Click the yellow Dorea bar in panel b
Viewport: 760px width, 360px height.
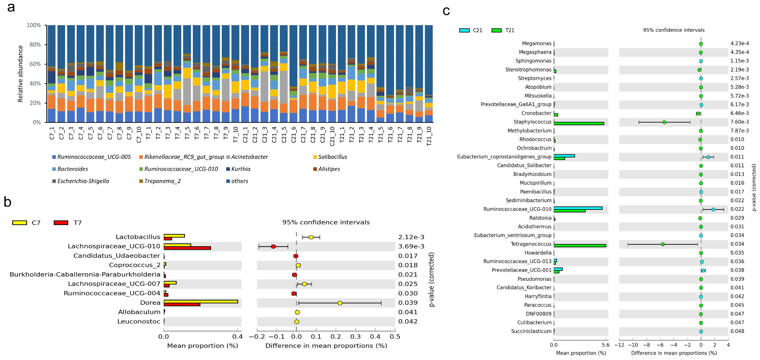(201, 301)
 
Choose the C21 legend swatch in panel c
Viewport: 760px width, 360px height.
(464, 30)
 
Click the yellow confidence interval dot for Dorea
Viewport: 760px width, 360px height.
(340, 303)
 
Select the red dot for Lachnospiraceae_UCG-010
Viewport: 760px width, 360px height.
(273, 246)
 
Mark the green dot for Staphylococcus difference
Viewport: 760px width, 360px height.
(664, 122)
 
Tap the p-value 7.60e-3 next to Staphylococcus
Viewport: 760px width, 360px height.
(739, 122)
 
